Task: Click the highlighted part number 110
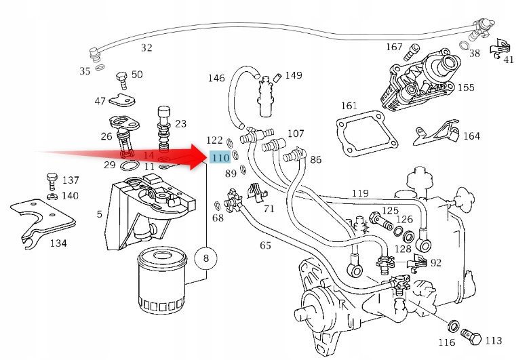click(x=220, y=158)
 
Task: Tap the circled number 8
click(x=206, y=258)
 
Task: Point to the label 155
click(x=466, y=87)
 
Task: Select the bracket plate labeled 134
click(x=41, y=217)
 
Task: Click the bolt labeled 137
click(x=52, y=181)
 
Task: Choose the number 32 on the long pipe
click(x=146, y=47)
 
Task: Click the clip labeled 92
click(x=419, y=261)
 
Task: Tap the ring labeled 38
click(x=465, y=46)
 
